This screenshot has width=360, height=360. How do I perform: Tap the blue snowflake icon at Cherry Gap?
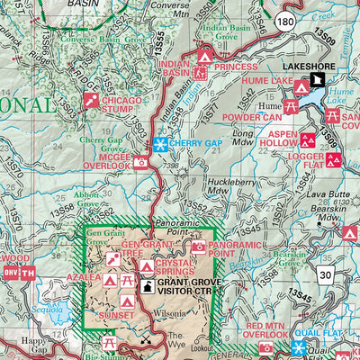(x=161, y=144)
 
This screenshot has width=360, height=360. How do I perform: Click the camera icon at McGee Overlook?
(x=140, y=163)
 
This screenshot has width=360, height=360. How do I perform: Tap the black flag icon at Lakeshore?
(x=318, y=81)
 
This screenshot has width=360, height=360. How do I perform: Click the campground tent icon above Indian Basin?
(x=204, y=58)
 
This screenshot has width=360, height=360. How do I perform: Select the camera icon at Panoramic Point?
(x=197, y=246)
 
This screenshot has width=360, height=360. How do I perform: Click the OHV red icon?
(x=10, y=274)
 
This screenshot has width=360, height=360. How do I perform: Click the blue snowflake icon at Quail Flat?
(x=300, y=347)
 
